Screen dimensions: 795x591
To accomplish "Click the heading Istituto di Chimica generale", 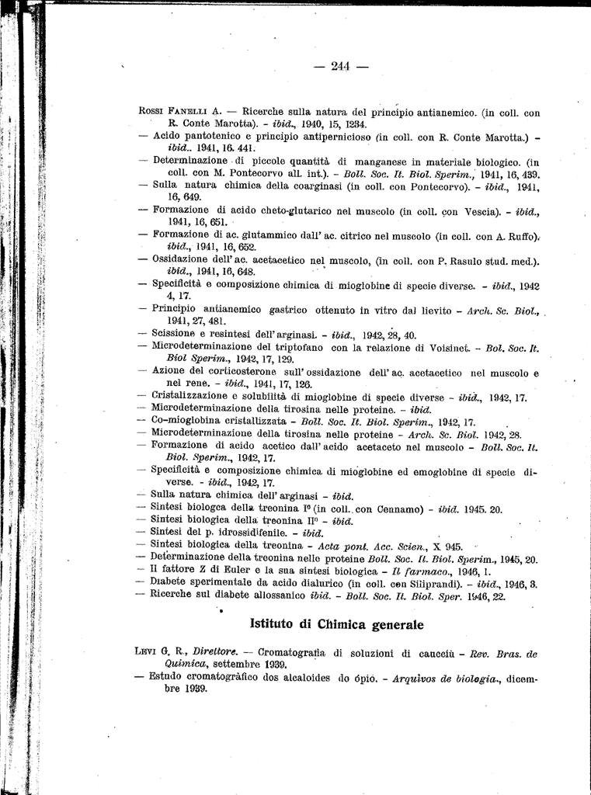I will coord(337,624).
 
